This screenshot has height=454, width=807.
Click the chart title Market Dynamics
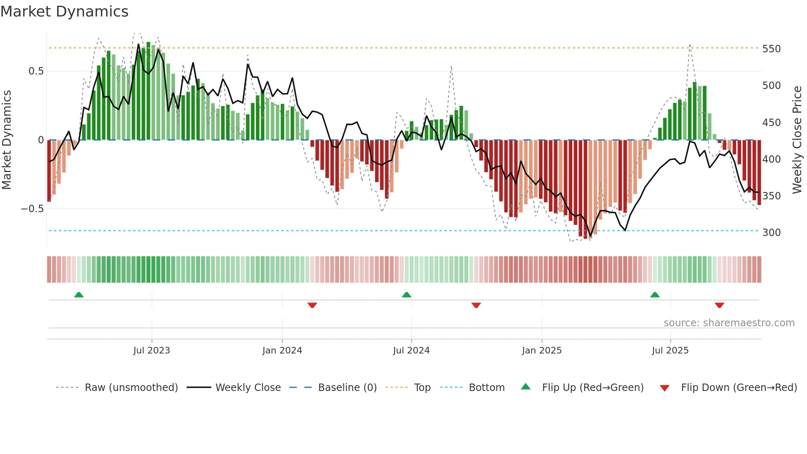tap(64, 12)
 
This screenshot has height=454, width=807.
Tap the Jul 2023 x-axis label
tap(152, 351)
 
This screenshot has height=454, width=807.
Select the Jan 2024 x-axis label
tap(282, 351)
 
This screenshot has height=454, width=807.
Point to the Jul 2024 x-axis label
tap(411, 351)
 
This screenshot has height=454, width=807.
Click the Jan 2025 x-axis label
tap(541, 351)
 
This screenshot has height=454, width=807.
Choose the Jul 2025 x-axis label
tap(670, 351)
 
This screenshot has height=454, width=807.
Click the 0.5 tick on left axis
tap(36, 71)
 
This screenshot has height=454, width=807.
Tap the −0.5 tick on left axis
tap(32, 209)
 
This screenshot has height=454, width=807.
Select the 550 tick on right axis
tap(771, 49)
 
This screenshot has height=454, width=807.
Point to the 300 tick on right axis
tap(771, 233)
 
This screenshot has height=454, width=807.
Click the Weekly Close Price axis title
tap(797, 140)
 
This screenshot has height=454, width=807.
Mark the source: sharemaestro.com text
tap(729, 323)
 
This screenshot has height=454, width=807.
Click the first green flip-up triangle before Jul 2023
tap(79, 295)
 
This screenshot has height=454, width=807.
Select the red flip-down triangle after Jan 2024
tap(312, 305)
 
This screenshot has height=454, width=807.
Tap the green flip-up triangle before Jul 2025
tap(655, 295)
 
